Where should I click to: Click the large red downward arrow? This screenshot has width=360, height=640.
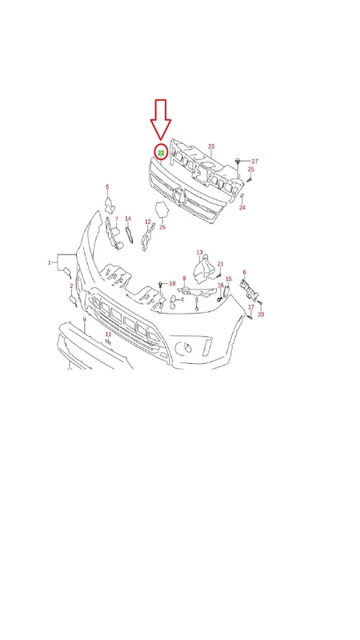161,119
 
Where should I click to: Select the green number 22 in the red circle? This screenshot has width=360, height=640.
161,153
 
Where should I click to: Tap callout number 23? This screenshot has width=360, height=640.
211,146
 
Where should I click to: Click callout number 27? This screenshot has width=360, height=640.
254,162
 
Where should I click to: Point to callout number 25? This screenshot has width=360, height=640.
251,169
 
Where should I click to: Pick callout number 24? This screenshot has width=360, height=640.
242,207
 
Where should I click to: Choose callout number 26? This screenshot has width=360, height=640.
162,227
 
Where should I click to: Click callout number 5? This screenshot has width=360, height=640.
107,187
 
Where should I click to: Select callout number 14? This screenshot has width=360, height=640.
128,218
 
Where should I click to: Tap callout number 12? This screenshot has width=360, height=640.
148,222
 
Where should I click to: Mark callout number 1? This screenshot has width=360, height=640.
50,262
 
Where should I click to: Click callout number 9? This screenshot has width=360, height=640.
85,319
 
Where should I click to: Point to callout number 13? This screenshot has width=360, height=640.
199,252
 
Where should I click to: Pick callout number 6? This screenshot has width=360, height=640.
245,272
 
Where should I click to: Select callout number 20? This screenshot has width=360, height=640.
261,314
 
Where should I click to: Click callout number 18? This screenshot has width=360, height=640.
172,283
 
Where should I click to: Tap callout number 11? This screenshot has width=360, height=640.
108,334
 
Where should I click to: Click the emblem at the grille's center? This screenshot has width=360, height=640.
179,197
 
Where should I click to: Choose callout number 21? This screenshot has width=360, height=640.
221,264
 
